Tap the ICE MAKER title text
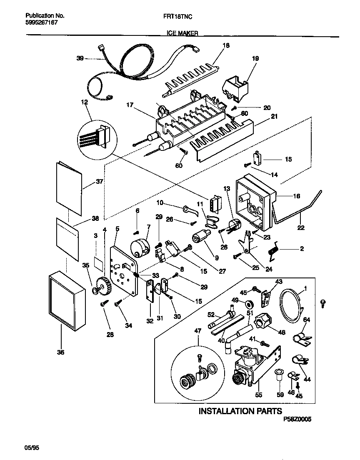[180, 33]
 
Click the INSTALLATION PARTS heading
[240, 411]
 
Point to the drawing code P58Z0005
[297, 420]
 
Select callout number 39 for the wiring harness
[80, 59]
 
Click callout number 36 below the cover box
[61, 352]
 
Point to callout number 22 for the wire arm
[300, 227]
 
